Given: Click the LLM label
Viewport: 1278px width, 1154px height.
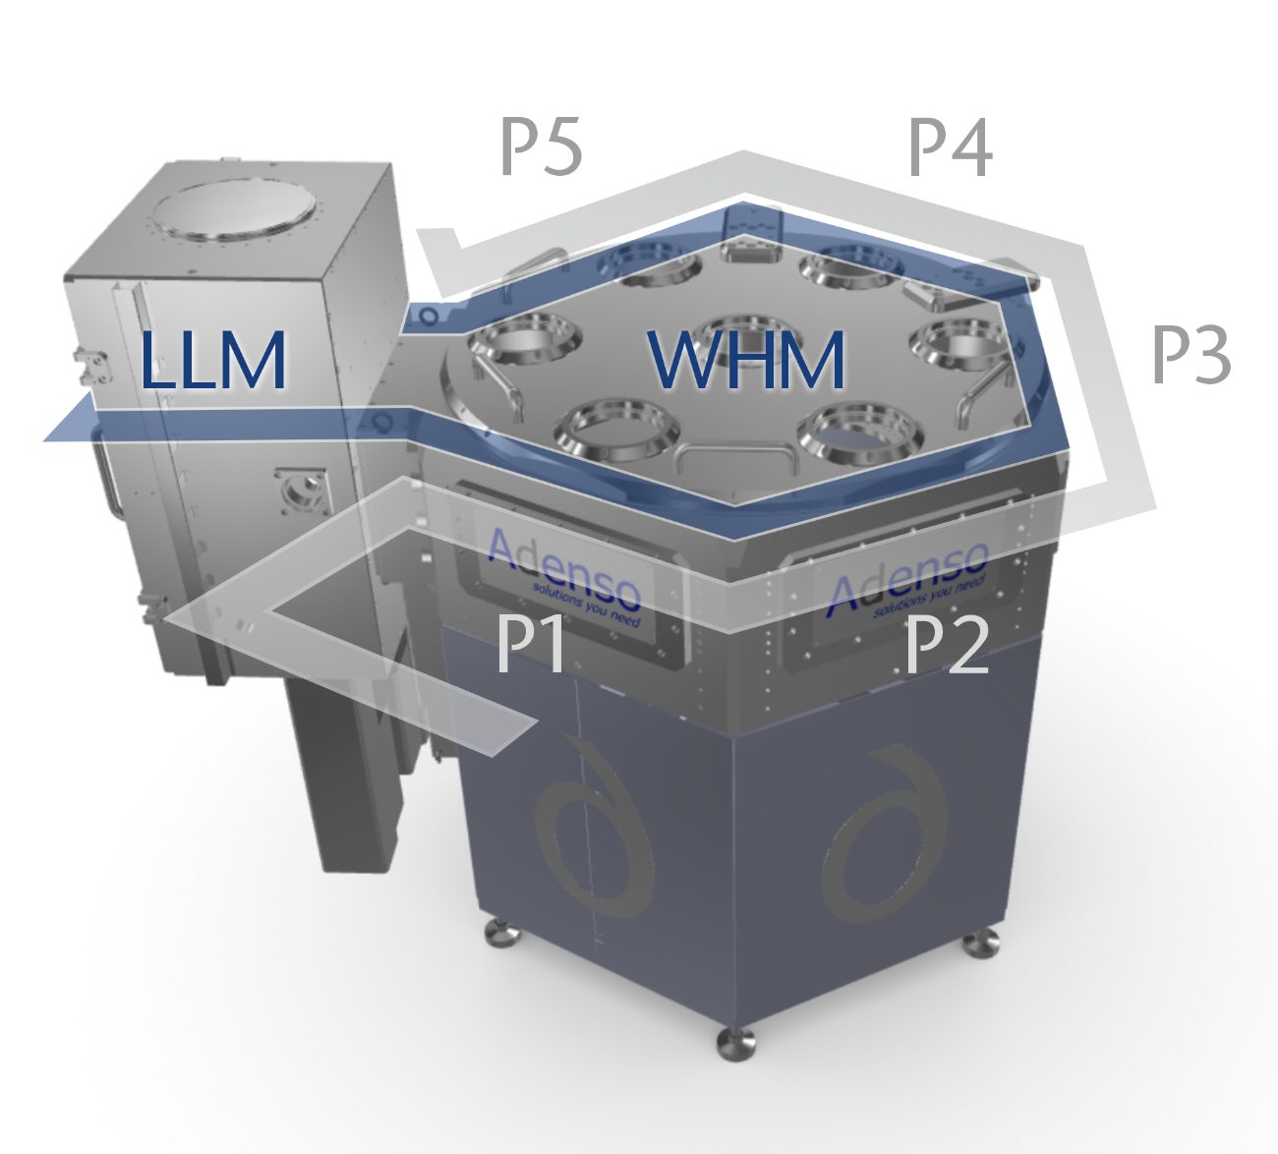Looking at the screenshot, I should click(213, 361).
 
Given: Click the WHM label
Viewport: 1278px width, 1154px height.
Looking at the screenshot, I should click(747, 361).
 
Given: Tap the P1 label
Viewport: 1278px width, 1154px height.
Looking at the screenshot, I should click(532, 644).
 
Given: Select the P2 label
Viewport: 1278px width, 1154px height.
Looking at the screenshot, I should click(946, 644).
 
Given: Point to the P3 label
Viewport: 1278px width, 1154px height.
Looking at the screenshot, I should click(1191, 356).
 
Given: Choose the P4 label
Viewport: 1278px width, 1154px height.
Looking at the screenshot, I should click(950, 148).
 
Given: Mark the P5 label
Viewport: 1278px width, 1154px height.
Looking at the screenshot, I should click(542, 148).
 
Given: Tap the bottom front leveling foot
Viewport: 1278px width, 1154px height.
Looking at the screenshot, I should click(734, 1042).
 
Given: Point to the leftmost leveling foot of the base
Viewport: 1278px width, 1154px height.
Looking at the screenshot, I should click(500, 931).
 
